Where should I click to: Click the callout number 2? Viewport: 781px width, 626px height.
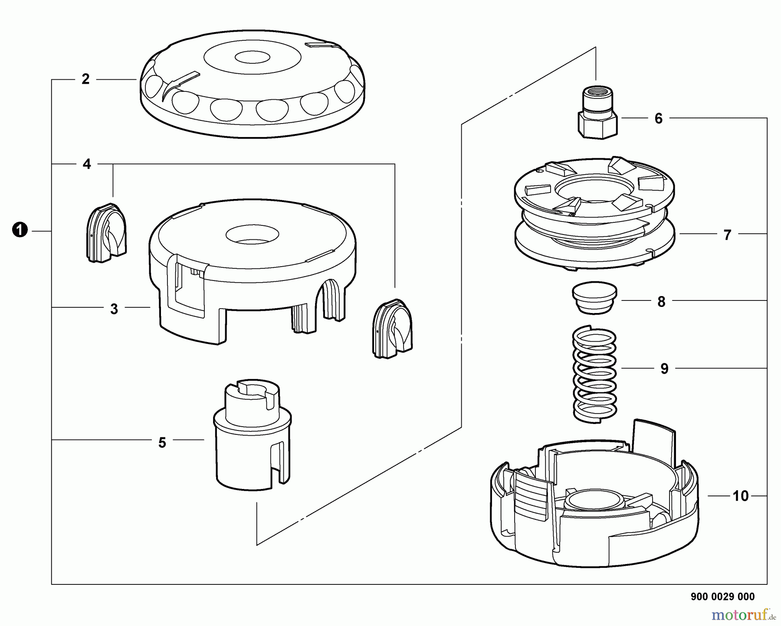point(85,79)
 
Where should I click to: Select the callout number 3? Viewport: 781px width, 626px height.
point(114,309)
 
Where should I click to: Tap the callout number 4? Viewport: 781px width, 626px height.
point(87,164)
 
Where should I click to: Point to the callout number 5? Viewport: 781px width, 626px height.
point(162,443)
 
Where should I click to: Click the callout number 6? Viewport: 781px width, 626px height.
point(659,118)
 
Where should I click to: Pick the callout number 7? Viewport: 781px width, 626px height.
point(728,235)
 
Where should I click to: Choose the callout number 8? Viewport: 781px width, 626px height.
point(661,302)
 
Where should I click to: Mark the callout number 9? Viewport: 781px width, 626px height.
point(664,369)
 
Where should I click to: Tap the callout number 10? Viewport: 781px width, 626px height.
point(741,496)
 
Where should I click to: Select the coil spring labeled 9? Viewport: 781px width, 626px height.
point(595,374)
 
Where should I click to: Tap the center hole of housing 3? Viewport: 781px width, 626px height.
point(252,235)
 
